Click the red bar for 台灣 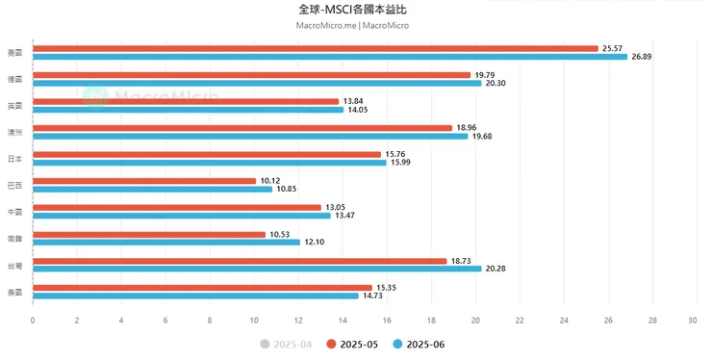click(240, 260)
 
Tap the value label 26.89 click(643, 56)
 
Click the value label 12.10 click(316, 242)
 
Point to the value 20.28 click(496, 269)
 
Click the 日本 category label click(14, 158)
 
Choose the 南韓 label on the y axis click(14, 237)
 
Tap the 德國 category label click(14, 78)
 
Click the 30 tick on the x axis click(696, 321)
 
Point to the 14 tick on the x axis click(343, 321)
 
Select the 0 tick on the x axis click(33, 321)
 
